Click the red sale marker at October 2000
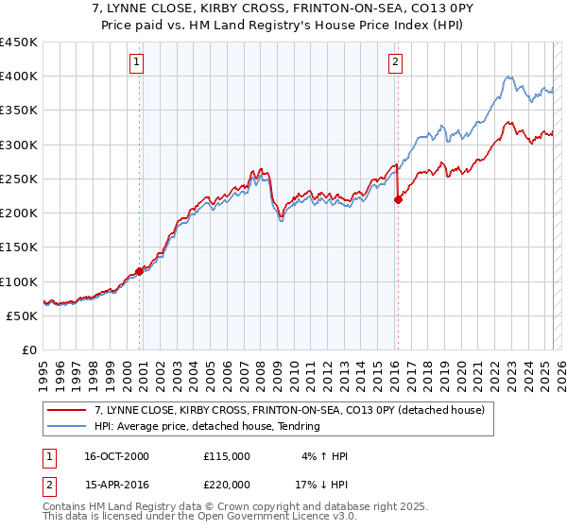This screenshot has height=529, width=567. [140, 271]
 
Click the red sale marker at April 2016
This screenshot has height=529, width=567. [398, 199]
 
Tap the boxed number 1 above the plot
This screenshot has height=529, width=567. [138, 63]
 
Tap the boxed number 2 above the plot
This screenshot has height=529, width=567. [395, 63]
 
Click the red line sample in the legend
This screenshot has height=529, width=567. [66, 410]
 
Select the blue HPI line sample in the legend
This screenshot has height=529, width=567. [66, 426]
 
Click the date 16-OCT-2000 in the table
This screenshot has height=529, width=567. [116, 456]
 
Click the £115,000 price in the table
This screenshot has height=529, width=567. [226, 456]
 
